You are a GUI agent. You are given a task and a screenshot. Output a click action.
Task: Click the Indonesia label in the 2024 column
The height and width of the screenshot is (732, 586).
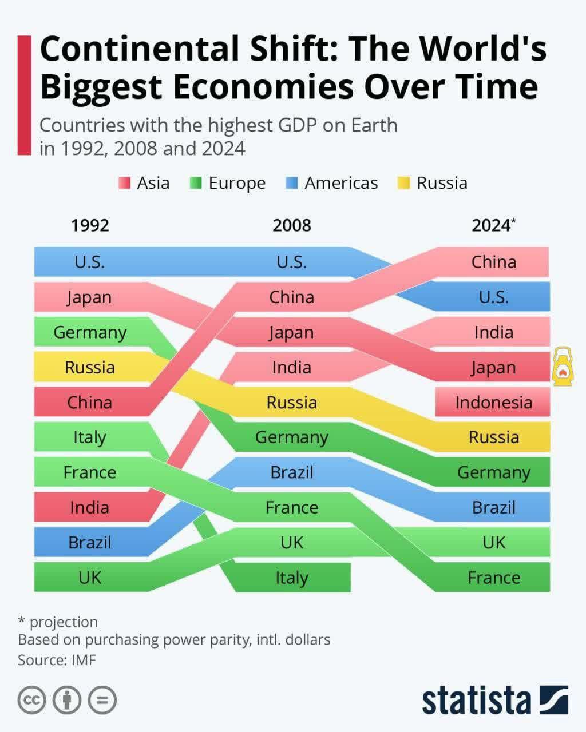493,403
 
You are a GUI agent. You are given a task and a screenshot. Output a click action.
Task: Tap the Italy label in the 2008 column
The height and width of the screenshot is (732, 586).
292,578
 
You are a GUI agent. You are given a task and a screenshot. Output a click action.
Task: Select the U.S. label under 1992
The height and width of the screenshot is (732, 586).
90,262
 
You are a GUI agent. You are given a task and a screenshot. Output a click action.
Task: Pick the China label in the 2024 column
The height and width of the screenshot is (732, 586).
493,262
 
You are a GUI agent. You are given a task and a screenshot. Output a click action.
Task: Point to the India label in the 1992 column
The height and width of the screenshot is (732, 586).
90,507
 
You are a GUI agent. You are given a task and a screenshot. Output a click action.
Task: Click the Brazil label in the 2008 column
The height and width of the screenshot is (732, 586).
292,472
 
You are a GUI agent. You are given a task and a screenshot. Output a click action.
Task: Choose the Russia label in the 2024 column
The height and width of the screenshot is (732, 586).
493,437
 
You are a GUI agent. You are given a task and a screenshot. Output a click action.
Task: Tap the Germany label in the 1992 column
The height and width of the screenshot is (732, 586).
90,332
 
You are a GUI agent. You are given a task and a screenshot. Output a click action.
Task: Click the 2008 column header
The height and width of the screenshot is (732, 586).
292,225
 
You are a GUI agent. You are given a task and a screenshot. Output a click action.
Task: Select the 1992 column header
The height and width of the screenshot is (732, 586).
90,225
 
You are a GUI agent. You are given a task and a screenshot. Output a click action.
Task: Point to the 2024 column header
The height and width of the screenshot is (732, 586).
491,225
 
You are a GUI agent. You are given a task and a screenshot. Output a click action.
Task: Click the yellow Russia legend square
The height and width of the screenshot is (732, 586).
404,184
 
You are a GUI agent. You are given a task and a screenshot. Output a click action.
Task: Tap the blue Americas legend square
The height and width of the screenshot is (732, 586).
292,184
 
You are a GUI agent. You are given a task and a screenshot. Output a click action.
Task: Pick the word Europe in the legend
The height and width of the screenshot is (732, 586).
237,184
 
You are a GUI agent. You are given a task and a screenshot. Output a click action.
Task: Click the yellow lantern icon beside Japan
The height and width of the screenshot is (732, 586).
563,366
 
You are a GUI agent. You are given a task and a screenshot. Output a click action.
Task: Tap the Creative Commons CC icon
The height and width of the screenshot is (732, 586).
32,699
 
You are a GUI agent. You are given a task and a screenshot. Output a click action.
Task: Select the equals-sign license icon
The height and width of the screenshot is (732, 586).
102,699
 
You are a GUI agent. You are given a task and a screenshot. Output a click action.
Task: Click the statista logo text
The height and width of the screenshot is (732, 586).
476,700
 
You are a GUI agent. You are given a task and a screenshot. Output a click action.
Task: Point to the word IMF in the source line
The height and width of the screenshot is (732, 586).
84,660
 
